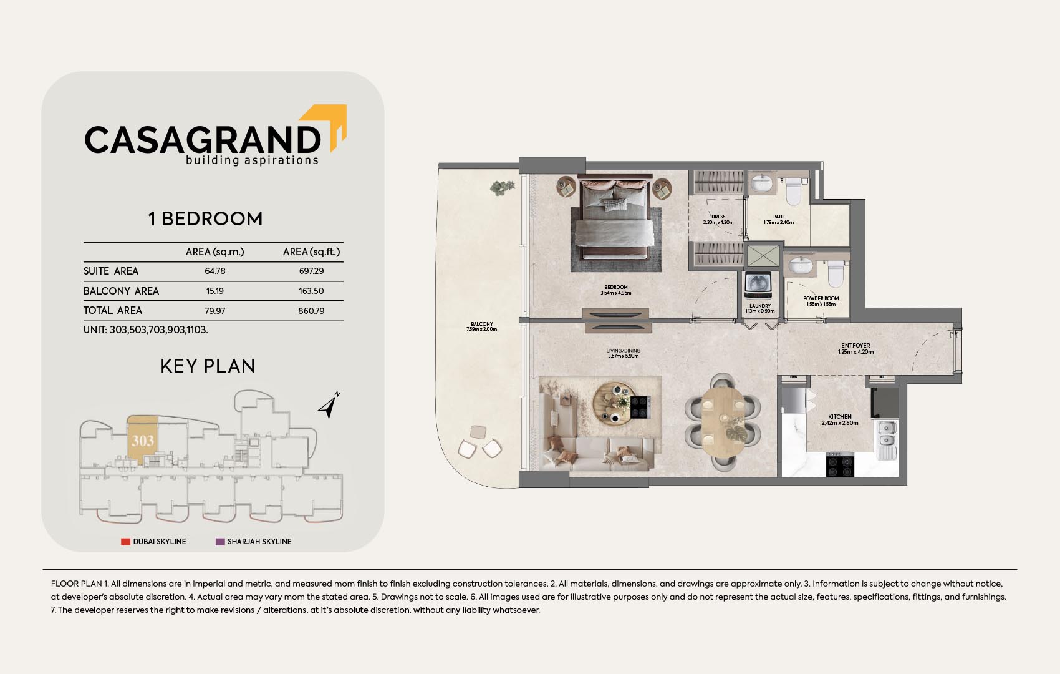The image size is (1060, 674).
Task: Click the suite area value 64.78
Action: (215, 271)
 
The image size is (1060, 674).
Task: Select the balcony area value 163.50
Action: (311, 291)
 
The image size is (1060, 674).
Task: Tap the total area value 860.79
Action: (311, 311)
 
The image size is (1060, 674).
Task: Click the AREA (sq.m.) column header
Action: (215, 252)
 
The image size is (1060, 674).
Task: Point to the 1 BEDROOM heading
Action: (205, 219)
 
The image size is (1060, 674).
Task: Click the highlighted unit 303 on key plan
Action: (142, 441)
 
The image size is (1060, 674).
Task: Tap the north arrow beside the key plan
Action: (329, 406)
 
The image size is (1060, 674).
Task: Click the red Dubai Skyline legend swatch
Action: (125, 541)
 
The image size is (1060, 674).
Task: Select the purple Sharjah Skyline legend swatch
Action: (220, 541)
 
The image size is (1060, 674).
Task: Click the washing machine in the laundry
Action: (759, 285)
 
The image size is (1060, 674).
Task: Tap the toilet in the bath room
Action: (794, 192)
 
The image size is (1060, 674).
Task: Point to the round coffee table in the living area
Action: (614, 403)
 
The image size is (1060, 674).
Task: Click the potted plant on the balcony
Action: (501, 188)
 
